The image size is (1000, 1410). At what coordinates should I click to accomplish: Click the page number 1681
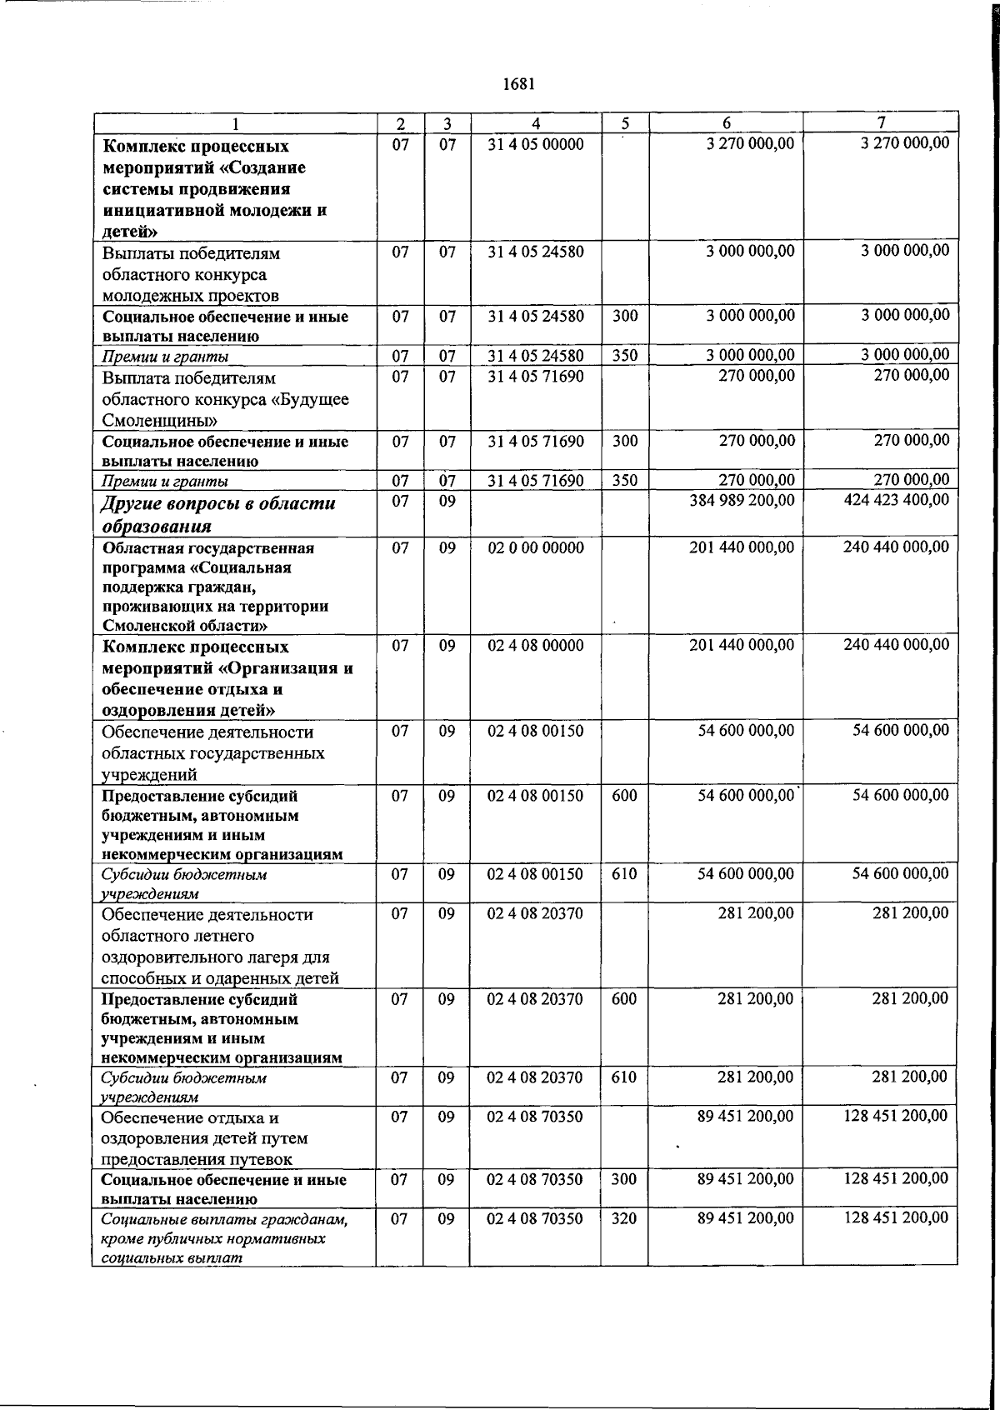(x=518, y=84)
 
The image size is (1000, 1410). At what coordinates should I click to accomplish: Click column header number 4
(x=536, y=123)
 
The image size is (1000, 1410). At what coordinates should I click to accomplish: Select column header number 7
(x=880, y=122)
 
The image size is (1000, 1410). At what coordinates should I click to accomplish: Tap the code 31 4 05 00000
(x=536, y=144)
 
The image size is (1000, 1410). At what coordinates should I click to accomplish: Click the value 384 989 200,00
(x=742, y=500)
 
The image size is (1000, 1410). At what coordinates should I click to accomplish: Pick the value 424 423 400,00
(x=896, y=500)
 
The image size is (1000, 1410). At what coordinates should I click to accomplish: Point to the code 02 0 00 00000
(x=536, y=547)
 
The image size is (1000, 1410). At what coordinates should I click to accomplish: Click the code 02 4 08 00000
(x=536, y=645)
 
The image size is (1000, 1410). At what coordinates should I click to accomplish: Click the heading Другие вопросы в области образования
(x=218, y=514)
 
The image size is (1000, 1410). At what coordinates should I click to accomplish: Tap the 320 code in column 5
(x=624, y=1218)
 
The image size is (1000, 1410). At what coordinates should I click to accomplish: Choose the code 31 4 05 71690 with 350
(x=536, y=481)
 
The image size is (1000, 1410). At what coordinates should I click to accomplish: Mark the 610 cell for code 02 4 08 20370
(x=624, y=1077)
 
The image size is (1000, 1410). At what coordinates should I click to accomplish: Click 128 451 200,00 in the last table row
(x=896, y=1217)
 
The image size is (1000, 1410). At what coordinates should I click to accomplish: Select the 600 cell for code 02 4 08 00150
(x=624, y=795)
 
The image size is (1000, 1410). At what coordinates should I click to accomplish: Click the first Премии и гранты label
(x=165, y=357)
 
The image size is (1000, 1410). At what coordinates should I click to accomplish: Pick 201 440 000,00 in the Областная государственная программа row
(x=742, y=547)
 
